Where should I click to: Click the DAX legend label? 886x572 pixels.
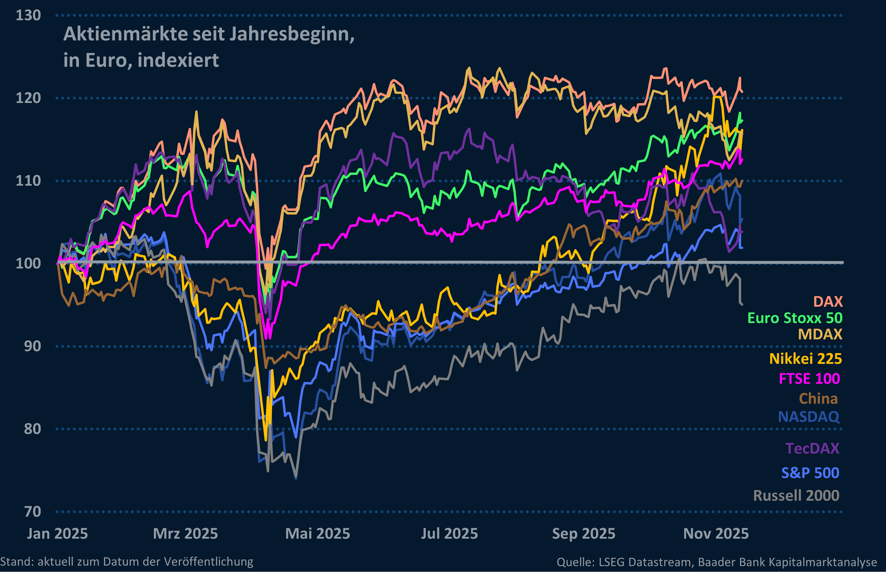coord(828,302)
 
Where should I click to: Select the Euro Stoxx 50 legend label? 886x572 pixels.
coord(795,318)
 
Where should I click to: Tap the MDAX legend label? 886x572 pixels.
coord(820,334)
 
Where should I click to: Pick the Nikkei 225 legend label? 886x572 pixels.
coord(805,359)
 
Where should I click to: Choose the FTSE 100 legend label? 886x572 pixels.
coord(809,379)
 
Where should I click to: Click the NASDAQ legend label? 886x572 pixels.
coord(808,417)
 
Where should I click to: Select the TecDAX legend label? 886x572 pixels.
coord(812,448)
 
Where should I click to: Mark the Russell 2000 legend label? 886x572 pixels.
coord(796,495)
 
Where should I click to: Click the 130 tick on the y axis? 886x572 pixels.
coord(28,16)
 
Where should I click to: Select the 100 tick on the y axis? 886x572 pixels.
coord(28,263)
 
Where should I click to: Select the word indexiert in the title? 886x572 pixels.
coord(178,60)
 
